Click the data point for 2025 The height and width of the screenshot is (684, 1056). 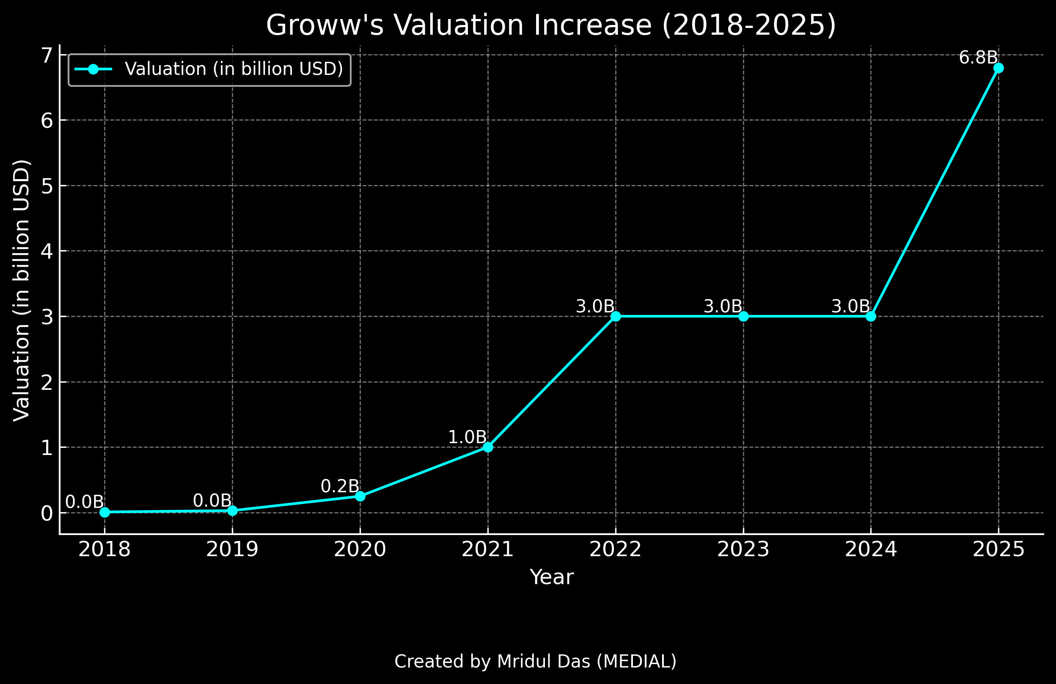[x=998, y=68]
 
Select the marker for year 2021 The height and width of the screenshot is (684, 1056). [x=488, y=447]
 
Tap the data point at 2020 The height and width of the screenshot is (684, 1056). [x=360, y=496]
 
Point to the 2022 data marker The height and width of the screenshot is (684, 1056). [x=616, y=317]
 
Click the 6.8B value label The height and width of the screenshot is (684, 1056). [x=978, y=58]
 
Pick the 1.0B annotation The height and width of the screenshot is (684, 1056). [x=467, y=437]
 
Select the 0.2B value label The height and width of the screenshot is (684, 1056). [x=340, y=486]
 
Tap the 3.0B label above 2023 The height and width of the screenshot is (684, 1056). [x=723, y=306]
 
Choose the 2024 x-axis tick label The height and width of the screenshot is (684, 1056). [x=871, y=549]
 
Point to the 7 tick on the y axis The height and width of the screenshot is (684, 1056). [x=47, y=55]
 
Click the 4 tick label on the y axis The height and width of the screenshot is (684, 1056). [x=47, y=251]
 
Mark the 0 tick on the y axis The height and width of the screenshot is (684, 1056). [x=47, y=513]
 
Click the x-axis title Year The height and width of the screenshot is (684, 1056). [x=552, y=577]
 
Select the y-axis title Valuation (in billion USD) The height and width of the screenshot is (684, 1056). [x=21, y=291]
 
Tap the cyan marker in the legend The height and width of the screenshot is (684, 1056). [x=93, y=69]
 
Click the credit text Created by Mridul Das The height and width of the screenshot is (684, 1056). [x=536, y=662]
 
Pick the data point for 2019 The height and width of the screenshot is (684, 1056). [x=232, y=511]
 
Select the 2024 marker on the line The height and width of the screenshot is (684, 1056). [x=871, y=317]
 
